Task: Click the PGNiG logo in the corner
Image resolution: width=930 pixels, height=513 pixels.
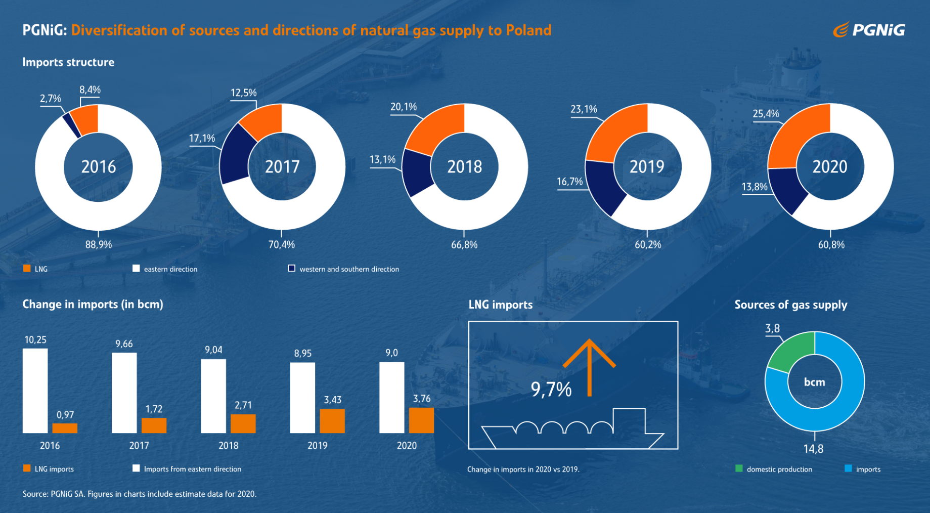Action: [869, 30]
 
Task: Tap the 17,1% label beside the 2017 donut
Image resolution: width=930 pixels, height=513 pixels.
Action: [202, 138]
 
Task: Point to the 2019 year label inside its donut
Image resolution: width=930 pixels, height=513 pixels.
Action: [647, 166]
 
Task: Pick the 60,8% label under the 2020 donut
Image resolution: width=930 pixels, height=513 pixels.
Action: [831, 245]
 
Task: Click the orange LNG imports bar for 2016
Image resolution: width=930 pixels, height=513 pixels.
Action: [65, 428]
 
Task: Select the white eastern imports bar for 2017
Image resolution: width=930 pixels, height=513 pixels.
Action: [124, 393]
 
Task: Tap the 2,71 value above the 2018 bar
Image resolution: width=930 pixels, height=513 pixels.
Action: [243, 405]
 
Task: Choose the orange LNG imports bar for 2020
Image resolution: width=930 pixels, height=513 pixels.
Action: [421, 420]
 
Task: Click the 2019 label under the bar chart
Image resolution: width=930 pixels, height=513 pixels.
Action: [317, 446]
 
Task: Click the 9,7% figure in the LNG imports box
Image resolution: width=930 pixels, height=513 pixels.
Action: [551, 389]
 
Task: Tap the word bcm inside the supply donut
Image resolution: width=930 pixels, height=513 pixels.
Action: [814, 382]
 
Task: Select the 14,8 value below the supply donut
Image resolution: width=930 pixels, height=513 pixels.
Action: [813, 449]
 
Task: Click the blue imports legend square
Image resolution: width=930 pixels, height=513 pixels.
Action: [848, 468]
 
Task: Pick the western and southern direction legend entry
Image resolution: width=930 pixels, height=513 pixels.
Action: [344, 269]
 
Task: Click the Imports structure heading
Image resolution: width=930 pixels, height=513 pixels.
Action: [68, 62]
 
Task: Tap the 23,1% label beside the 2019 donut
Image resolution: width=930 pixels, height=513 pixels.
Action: [584, 109]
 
